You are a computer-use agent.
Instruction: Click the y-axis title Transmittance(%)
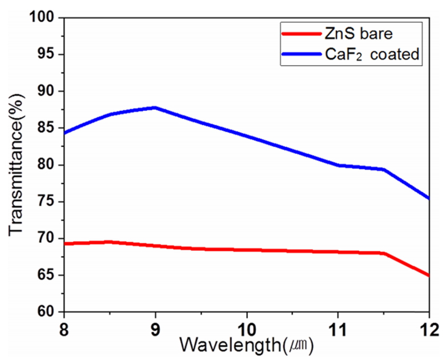click(17, 165)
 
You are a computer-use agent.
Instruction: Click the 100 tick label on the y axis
click(44, 18)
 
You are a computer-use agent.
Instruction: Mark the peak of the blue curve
click(155, 107)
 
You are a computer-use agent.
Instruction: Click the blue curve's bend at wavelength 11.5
click(383, 169)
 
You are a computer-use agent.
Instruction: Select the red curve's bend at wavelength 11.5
click(383, 253)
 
